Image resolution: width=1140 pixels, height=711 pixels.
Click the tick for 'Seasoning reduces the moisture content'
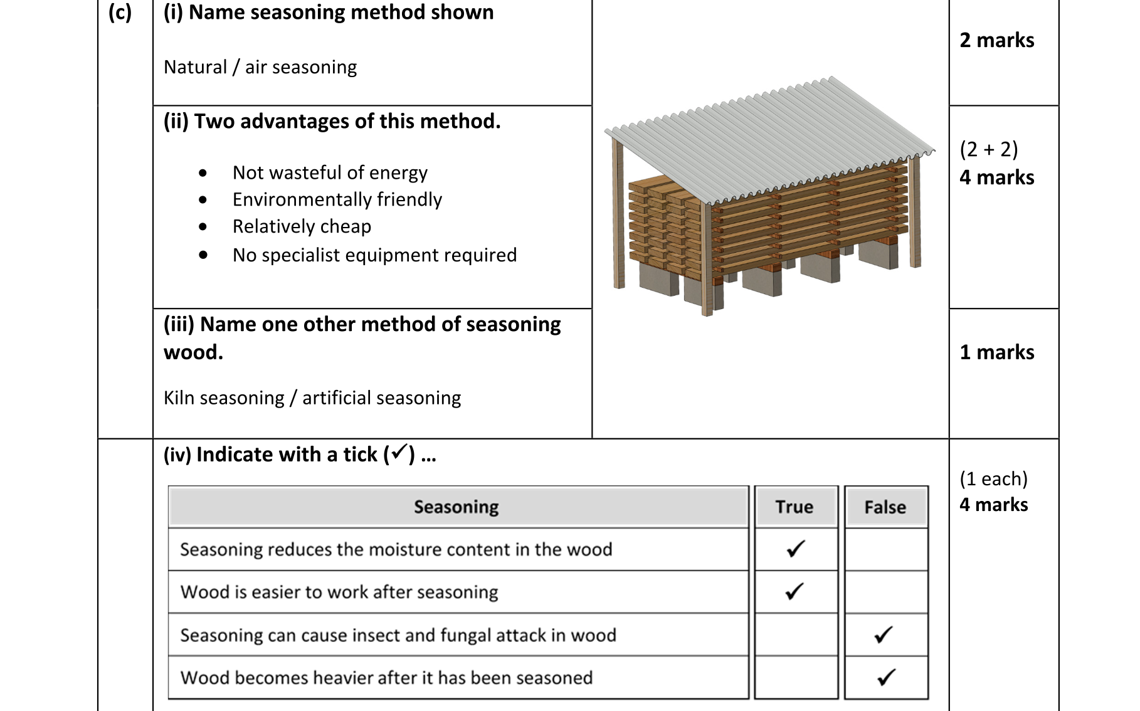click(796, 549)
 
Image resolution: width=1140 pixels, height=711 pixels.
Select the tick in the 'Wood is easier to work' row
click(794, 591)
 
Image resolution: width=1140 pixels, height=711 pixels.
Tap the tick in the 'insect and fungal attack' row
click(884, 635)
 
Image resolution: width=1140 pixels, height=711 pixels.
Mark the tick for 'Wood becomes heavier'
click(886, 677)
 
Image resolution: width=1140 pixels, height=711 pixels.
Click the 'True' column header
click(794, 507)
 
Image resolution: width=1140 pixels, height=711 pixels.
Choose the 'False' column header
click(885, 507)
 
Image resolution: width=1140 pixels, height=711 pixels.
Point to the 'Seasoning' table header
click(457, 507)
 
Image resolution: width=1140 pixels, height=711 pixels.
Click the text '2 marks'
click(997, 40)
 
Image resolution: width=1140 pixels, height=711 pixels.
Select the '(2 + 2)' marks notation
click(989, 149)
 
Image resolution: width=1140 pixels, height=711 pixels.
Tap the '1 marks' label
click(997, 352)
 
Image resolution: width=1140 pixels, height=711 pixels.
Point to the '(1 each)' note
click(994, 479)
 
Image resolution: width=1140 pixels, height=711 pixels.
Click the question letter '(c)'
click(120, 13)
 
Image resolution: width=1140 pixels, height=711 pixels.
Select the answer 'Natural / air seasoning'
click(260, 67)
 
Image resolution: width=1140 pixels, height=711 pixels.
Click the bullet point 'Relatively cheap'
click(302, 226)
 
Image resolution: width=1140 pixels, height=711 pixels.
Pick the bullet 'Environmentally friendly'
click(337, 199)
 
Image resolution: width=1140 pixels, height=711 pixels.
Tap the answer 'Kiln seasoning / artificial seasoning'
click(312, 398)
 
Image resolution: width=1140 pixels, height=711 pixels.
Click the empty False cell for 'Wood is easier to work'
click(885, 592)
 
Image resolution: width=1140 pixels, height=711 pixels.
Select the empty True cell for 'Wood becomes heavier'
click(796, 677)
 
